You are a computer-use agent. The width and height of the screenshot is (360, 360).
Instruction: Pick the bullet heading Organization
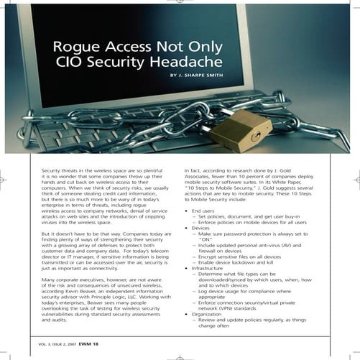(x=207, y=313)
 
